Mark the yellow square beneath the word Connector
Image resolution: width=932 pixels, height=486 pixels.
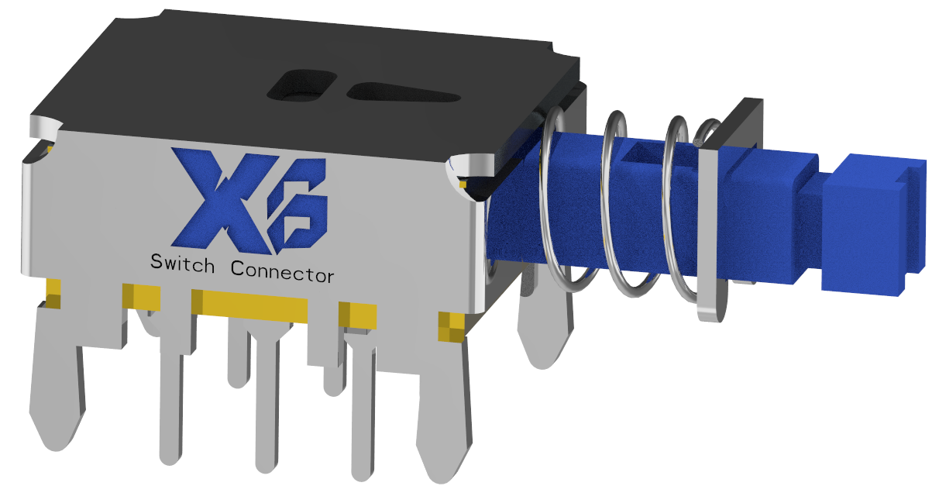point(357,314)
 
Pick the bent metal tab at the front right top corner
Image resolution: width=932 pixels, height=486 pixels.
point(473,167)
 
